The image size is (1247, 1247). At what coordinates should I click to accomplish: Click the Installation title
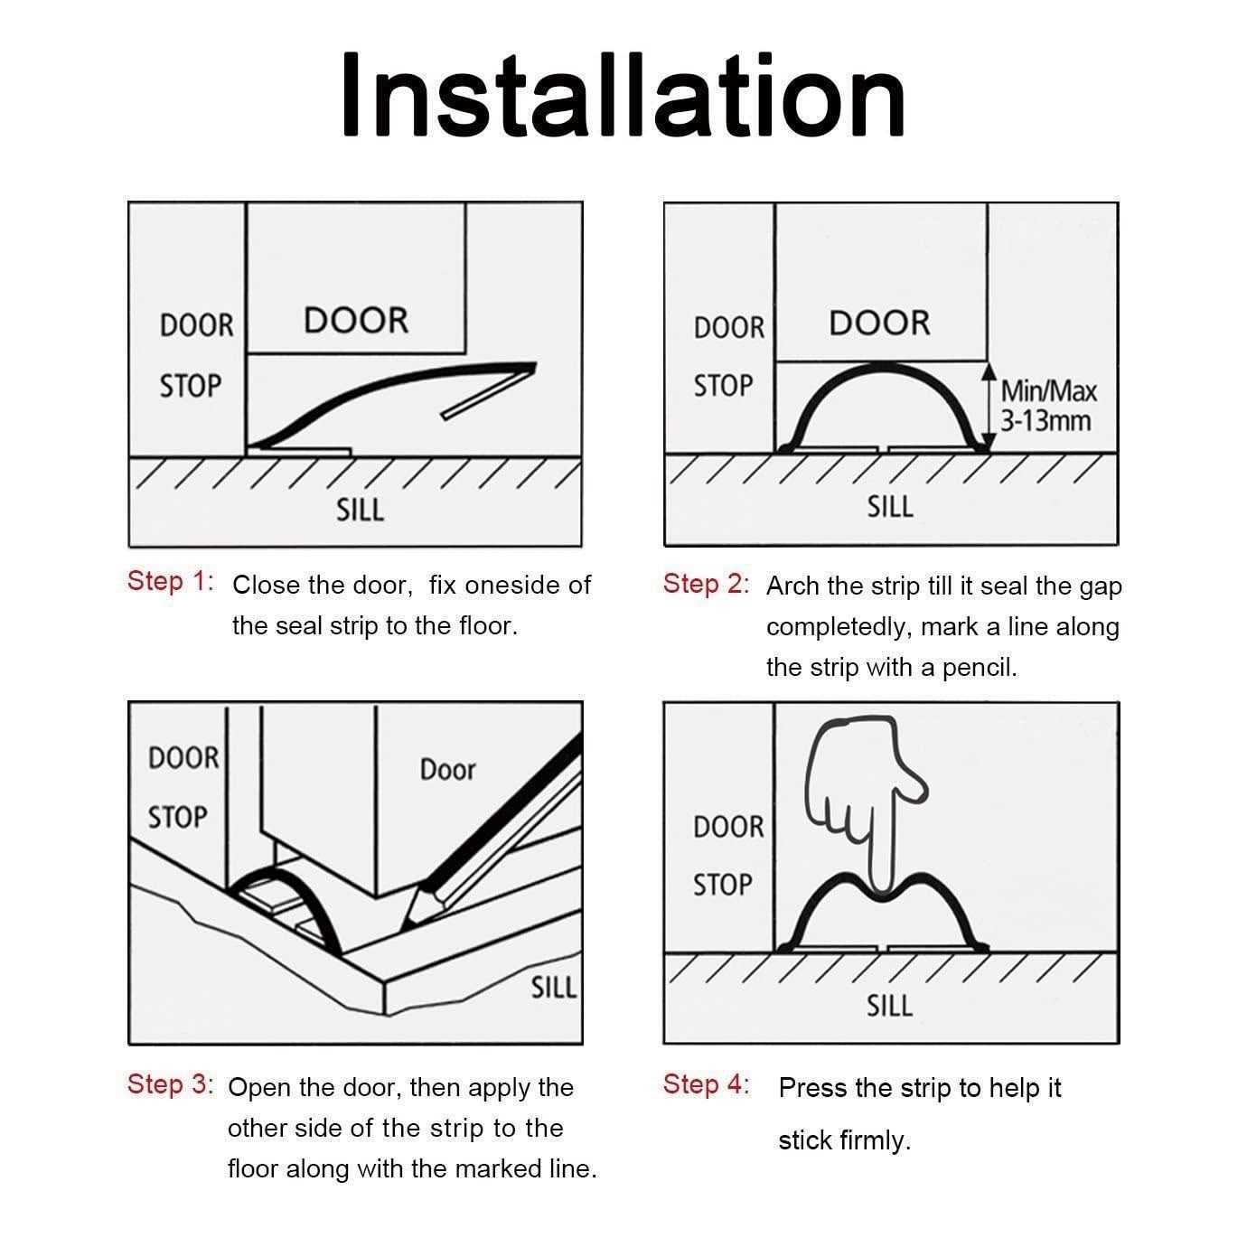[x=623, y=97]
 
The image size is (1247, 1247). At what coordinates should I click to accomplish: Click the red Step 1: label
[x=171, y=581]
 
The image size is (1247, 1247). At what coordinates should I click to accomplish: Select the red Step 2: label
[x=706, y=584]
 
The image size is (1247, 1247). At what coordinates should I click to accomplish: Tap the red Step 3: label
[x=171, y=1084]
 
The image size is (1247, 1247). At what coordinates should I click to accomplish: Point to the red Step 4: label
[x=706, y=1084]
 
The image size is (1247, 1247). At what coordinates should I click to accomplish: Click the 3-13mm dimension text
[x=1045, y=421]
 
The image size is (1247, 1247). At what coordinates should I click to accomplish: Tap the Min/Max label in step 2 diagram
[x=1048, y=392]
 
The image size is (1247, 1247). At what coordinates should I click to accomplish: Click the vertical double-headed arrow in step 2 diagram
[x=990, y=407]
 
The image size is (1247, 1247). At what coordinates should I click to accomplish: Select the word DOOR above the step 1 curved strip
[x=356, y=321]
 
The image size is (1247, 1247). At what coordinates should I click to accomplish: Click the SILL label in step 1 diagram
[x=360, y=511]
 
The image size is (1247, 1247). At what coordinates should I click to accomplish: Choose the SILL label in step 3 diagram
[x=553, y=989]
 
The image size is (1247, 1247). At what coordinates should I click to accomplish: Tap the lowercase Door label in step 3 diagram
[x=446, y=770]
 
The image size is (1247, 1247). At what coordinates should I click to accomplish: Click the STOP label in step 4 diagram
[x=722, y=885]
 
